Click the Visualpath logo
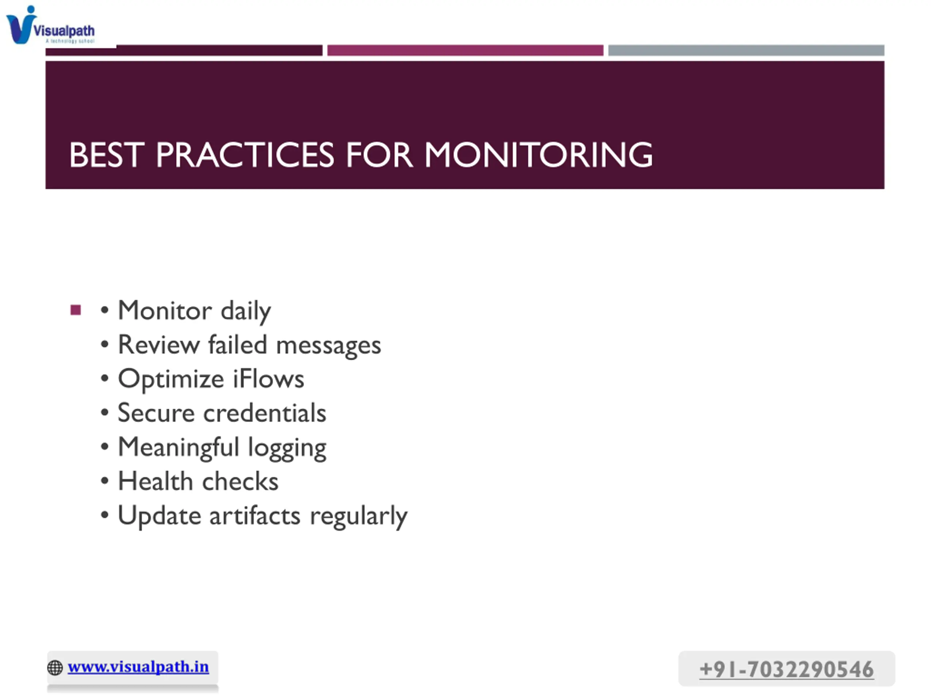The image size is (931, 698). point(51,25)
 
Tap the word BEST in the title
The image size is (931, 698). point(107,155)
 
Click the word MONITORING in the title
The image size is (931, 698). point(538,155)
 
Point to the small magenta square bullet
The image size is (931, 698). point(76,310)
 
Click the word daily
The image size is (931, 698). point(246,311)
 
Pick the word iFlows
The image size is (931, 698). point(268,379)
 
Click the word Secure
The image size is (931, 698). point(156,413)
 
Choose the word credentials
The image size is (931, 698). point(265,413)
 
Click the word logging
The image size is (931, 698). point(287,449)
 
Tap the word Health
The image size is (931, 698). point(155,481)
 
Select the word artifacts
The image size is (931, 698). point(255,516)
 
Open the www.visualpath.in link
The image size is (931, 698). point(138,667)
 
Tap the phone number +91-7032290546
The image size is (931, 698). point(786,669)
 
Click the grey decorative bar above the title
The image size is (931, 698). point(746,51)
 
